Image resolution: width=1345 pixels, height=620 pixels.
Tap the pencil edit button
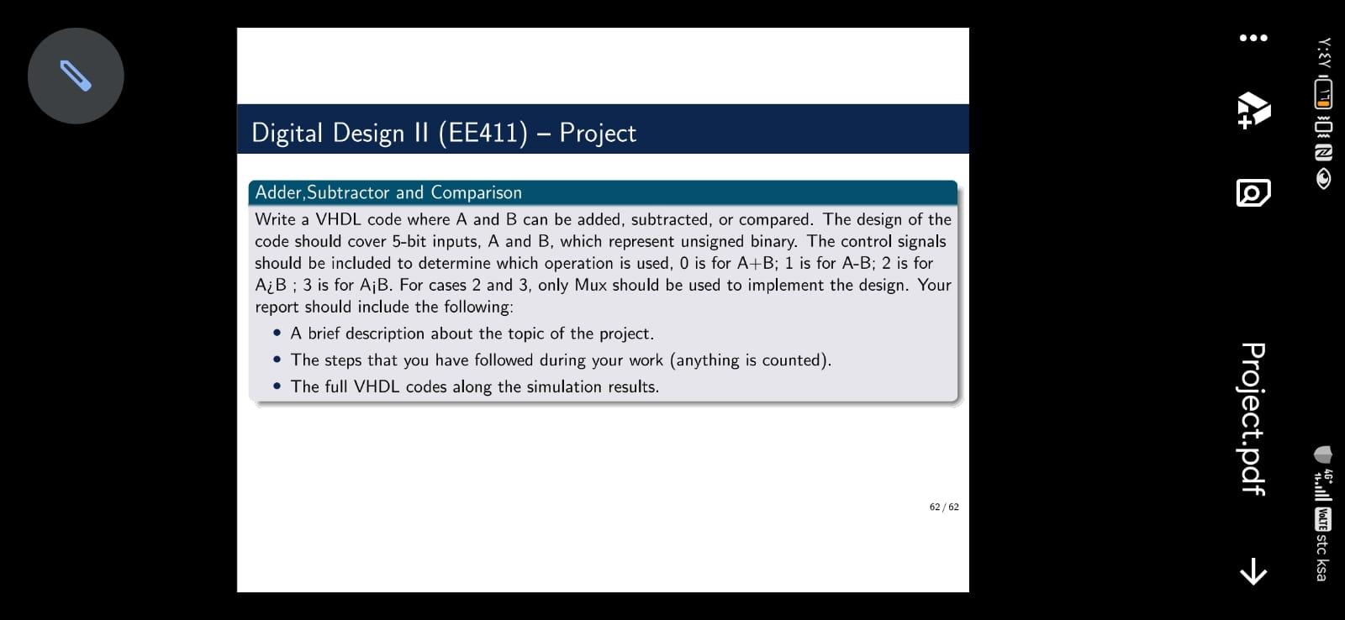[x=76, y=76]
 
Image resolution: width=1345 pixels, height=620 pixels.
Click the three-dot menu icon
[x=1253, y=38]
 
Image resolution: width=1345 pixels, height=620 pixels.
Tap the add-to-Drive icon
[x=1253, y=110]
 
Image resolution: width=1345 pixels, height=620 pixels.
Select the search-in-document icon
[x=1253, y=192]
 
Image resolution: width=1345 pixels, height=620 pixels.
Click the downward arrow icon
[x=1253, y=571]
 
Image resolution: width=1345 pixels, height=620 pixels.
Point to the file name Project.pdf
[x=1253, y=419]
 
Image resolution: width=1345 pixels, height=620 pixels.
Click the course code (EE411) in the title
[x=483, y=133]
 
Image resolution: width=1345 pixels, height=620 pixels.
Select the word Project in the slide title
[x=598, y=133]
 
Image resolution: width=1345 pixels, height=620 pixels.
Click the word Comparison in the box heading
[x=476, y=192]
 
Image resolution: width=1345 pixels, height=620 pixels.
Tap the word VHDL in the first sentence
[x=338, y=219]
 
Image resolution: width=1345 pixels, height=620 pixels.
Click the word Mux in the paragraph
[x=591, y=285]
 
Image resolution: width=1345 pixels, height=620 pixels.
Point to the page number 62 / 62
[x=944, y=507]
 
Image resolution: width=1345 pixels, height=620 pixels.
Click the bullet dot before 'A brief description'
[x=277, y=333]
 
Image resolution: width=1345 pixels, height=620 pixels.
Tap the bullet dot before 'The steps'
[x=277, y=359]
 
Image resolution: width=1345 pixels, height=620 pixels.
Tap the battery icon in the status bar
[x=1323, y=93]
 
